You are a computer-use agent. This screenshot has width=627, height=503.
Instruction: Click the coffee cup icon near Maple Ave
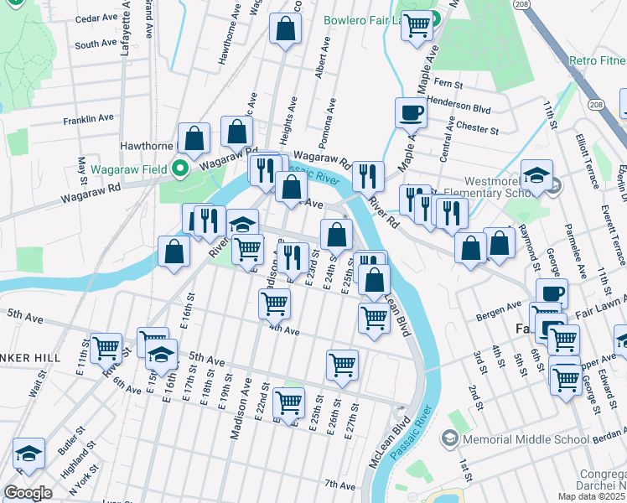coord(411,111)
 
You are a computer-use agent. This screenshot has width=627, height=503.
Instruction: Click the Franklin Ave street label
coord(88,119)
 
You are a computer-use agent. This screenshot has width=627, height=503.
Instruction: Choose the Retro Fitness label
coord(597,61)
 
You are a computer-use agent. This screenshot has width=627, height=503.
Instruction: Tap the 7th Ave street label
coord(340,485)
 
